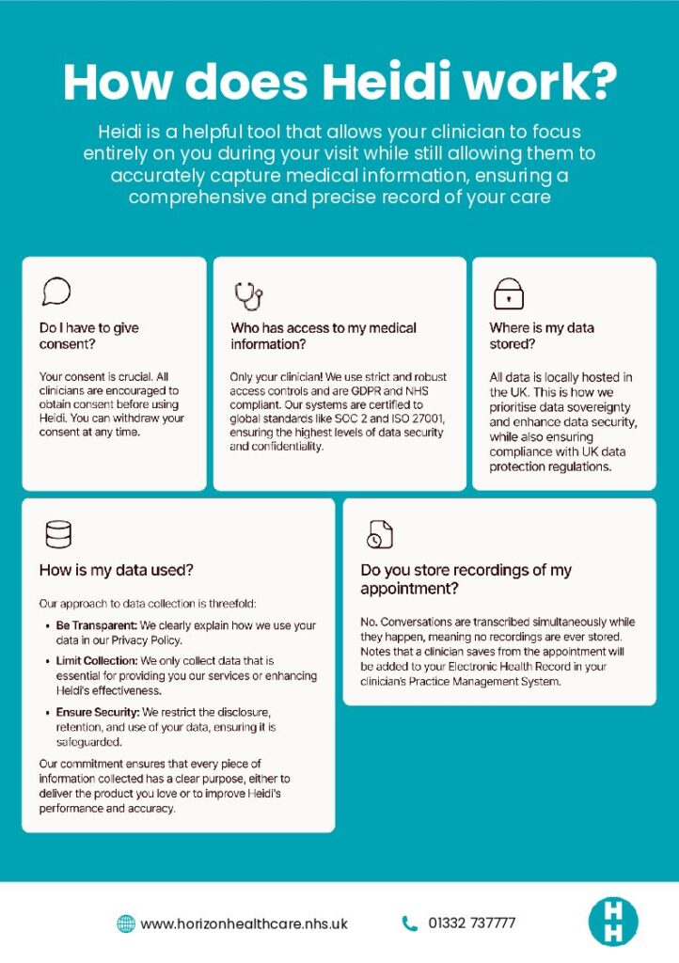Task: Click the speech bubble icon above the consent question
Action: (x=55, y=291)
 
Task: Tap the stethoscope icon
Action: (x=248, y=295)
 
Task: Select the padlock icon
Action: (x=508, y=294)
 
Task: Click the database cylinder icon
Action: (x=57, y=535)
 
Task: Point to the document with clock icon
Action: (x=378, y=534)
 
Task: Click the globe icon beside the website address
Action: (x=125, y=923)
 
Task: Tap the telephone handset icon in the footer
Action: (x=409, y=923)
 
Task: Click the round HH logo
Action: (x=612, y=922)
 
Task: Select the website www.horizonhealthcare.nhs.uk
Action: (x=244, y=924)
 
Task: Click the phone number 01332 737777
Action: (x=472, y=923)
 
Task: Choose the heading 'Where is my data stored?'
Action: (x=542, y=337)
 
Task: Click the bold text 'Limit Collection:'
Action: (x=98, y=661)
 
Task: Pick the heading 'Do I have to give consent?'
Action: (x=89, y=337)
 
